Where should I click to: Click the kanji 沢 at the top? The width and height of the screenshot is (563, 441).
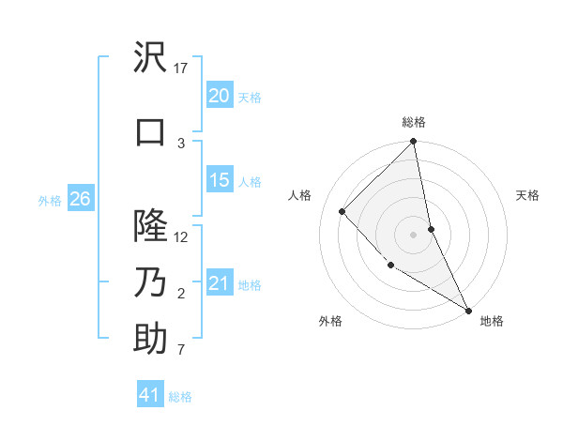click(x=150, y=58)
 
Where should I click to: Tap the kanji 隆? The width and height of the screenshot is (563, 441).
click(x=150, y=225)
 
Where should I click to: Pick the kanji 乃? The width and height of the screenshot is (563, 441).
click(x=150, y=282)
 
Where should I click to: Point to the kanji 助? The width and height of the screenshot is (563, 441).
click(x=150, y=339)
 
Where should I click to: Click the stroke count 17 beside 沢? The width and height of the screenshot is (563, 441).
click(x=181, y=68)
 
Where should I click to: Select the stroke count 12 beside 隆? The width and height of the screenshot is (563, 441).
click(x=181, y=236)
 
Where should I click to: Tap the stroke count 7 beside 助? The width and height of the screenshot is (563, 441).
click(x=181, y=351)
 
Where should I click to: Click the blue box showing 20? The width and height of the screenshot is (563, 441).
click(x=219, y=96)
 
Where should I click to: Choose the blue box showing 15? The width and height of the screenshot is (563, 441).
click(x=219, y=180)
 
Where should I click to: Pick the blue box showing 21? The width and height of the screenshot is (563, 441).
click(x=219, y=283)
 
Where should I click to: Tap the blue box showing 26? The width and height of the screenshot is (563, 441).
click(x=80, y=199)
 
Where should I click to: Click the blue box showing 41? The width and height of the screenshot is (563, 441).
click(x=149, y=395)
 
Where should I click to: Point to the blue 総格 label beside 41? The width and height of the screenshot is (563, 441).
click(x=180, y=397)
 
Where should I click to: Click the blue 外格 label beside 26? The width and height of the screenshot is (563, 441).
click(x=50, y=200)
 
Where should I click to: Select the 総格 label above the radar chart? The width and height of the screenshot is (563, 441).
click(x=414, y=122)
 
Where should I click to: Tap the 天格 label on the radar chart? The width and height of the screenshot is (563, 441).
click(x=527, y=195)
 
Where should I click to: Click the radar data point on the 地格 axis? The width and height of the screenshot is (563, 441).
click(x=468, y=310)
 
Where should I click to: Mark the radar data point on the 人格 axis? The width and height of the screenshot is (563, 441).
click(x=342, y=211)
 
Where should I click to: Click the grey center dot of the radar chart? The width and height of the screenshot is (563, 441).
click(x=413, y=234)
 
